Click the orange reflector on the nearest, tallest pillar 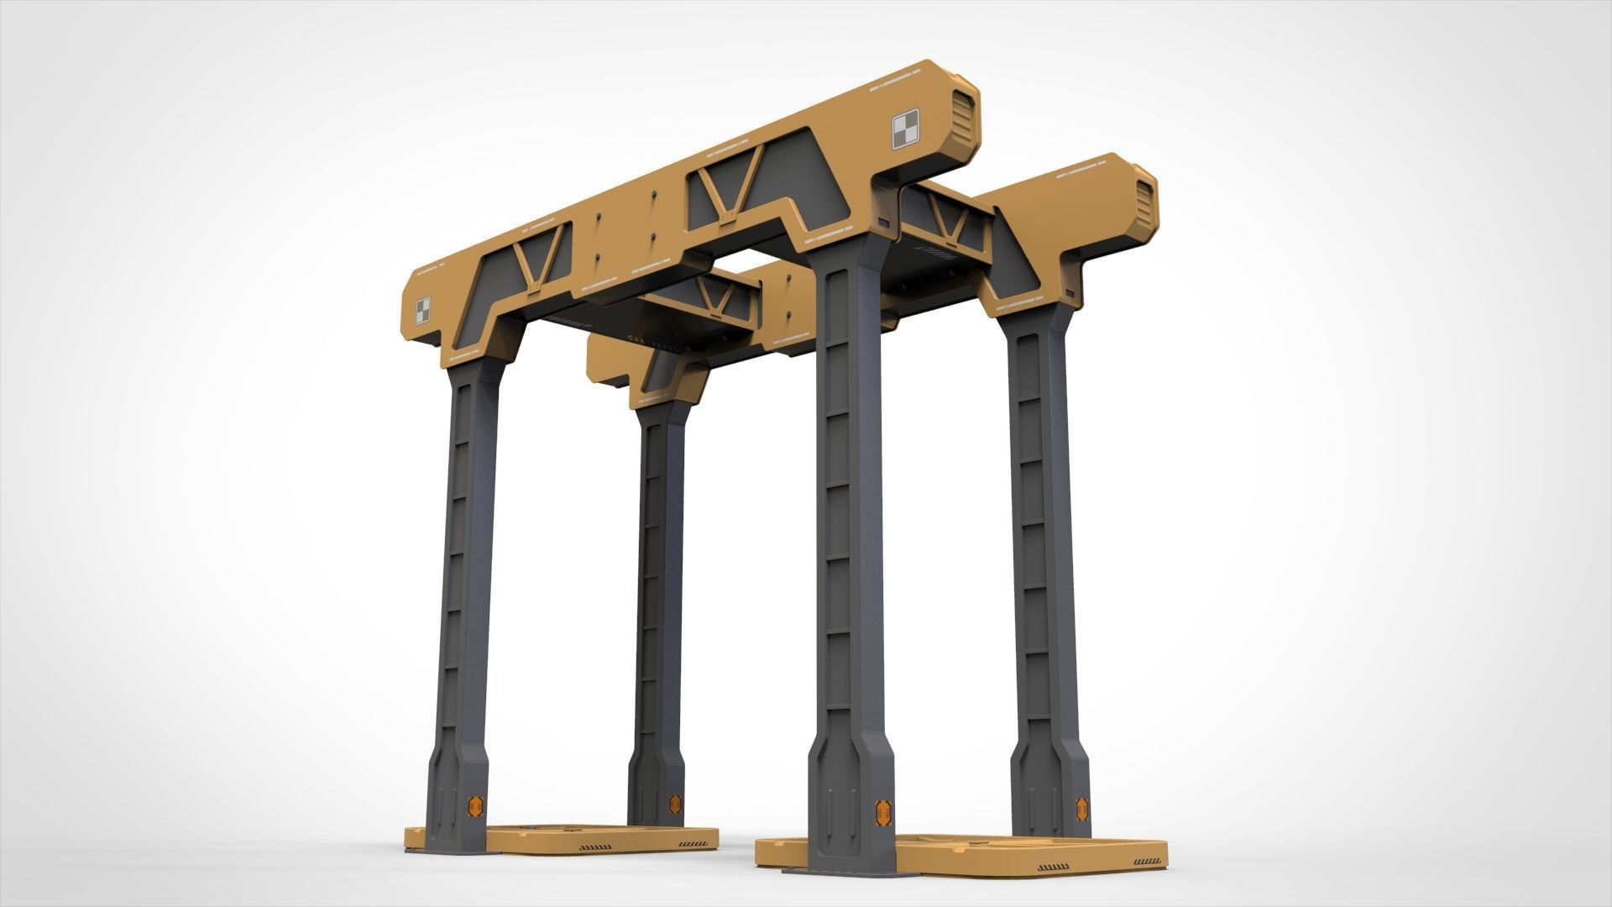pyautogui.click(x=883, y=811)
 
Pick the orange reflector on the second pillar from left pyautogui.click(x=674, y=803)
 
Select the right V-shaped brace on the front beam pyautogui.click(x=724, y=188)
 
